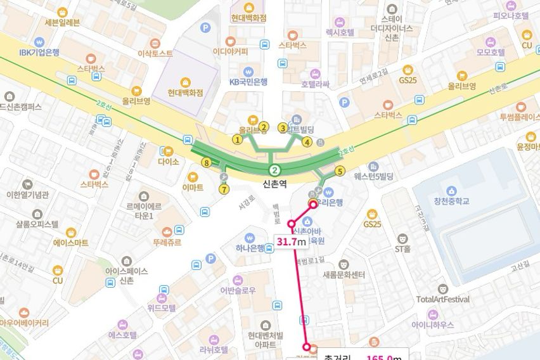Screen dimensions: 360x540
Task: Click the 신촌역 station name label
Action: point(274,184)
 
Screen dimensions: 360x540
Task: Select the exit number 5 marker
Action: point(340,171)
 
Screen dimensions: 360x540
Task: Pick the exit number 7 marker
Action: point(223,189)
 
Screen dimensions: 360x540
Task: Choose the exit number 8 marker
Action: point(205,163)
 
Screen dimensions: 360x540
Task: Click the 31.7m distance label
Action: point(291,241)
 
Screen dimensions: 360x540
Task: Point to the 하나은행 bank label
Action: point(250,248)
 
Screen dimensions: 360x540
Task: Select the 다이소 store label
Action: point(169,162)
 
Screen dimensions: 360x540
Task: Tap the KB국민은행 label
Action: point(248,81)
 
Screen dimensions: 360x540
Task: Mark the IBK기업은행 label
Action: point(39,52)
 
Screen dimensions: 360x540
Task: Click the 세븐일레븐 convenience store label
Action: point(62,23)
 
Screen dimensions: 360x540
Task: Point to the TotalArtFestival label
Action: point(443,299)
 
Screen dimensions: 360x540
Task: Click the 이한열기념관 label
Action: point(27,195)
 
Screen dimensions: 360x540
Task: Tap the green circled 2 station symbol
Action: point(274,170)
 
